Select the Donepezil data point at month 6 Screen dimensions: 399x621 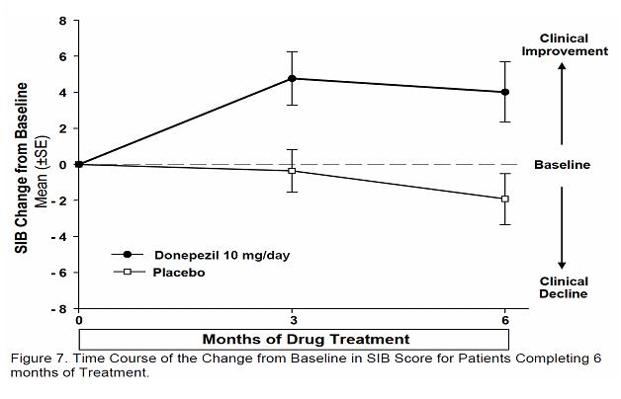(505, 93)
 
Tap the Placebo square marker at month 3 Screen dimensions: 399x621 (292, 171)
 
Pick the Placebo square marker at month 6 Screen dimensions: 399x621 (505, 199)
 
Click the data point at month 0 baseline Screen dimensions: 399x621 (79, 164)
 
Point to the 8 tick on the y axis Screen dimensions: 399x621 (62, 20)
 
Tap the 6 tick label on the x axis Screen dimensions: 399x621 (505, 321)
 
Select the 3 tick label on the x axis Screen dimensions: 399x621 (292, 321)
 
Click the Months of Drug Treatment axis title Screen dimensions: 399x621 (293, 339)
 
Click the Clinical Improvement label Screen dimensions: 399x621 (565, 44)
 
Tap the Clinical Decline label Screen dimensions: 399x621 (563, 286)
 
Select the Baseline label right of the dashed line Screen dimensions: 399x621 (562, 165)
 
